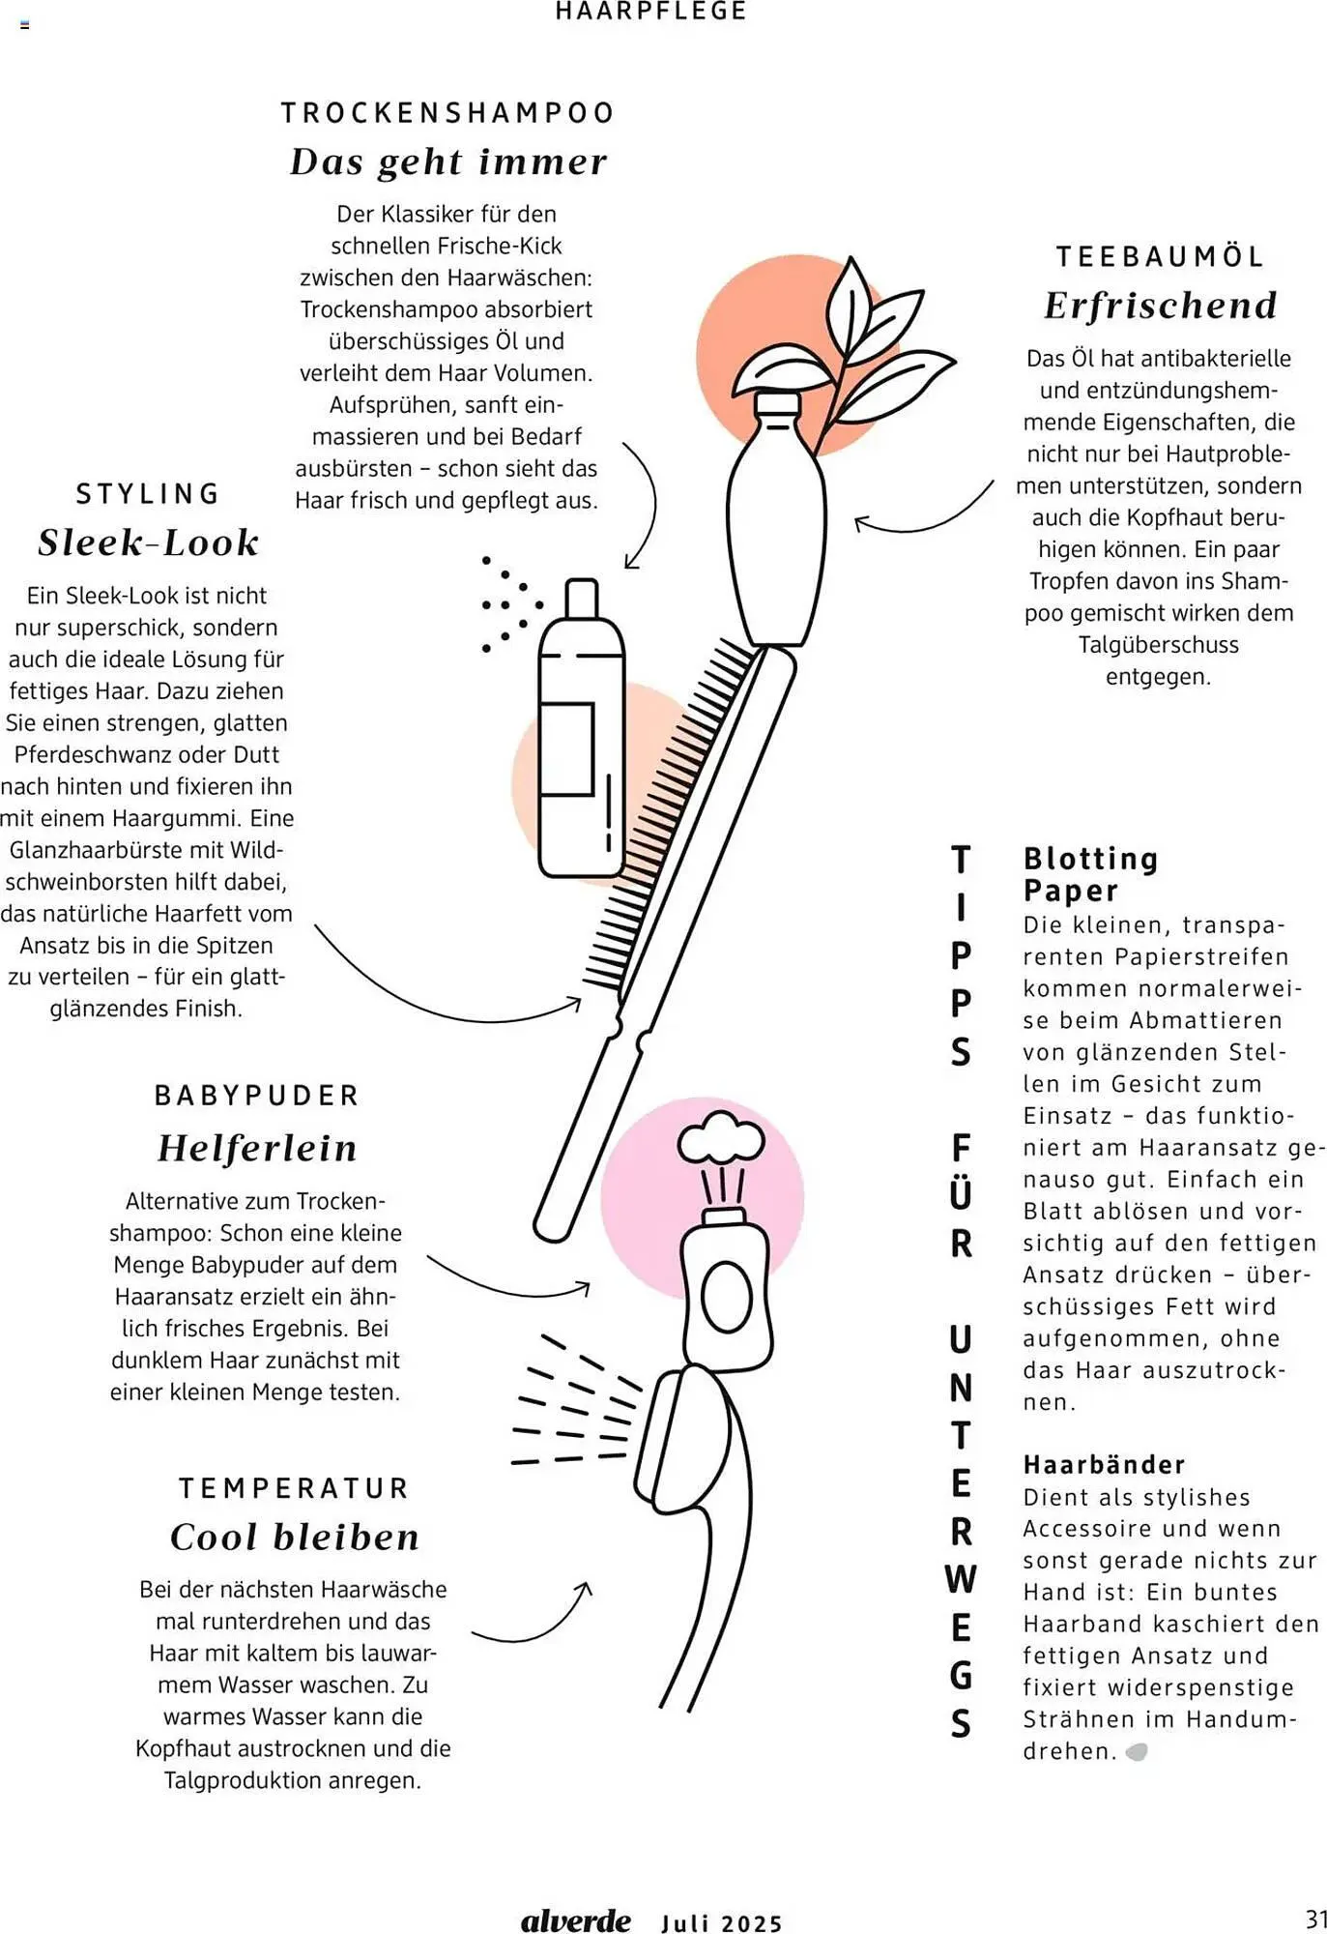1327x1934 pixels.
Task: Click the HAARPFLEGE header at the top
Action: click(650, 12)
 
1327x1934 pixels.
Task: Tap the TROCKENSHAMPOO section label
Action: click(447, 113)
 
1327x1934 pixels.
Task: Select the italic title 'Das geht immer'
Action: click(448, 161)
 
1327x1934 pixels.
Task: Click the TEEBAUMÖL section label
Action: click(1160, 257)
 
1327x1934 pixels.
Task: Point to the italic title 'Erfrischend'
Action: click(1160, 306)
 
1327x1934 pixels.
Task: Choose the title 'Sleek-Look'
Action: click(148, 542)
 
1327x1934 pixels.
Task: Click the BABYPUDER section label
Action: click(257, 1096)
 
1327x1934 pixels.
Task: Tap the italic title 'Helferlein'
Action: click(257, 1148)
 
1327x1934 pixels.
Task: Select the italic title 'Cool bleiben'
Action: click(295, 1538)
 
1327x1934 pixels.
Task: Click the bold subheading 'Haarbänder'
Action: click(1104, 1465)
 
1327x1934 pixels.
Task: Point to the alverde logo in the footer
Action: click(575, 1920)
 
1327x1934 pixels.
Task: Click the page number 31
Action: click(1315, 1919)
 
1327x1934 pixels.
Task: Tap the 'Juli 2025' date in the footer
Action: click(722, 1923)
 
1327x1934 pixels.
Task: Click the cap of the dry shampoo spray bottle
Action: click(582, 599)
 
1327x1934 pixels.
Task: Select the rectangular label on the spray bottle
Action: click(566, 749)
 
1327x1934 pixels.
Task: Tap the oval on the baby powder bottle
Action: click(726, 1298)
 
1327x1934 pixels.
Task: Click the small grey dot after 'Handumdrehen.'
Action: click(1138, 1751)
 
